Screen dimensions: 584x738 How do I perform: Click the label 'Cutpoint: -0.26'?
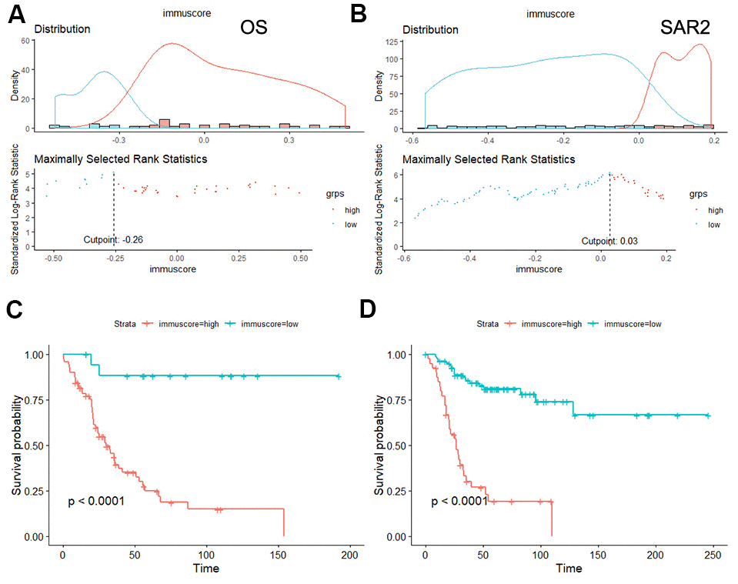(x=114, y=241)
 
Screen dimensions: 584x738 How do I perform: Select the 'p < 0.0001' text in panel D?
(x=459, y=502)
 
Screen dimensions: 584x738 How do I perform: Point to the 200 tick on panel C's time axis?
(x=350, y=555)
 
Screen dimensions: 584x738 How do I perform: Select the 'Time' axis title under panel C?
(x=206, y=569)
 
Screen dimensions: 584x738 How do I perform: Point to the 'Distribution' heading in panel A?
(x=62, y=29)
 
